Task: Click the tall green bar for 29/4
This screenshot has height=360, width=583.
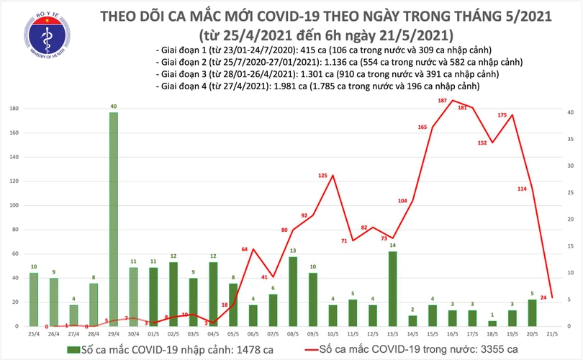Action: [114, 220]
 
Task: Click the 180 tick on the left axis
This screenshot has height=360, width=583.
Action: [14, 109]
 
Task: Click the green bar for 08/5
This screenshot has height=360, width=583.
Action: [293, 292]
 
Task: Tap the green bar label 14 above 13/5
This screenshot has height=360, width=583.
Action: [392, 246]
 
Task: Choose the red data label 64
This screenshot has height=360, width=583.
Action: [244, 249]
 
